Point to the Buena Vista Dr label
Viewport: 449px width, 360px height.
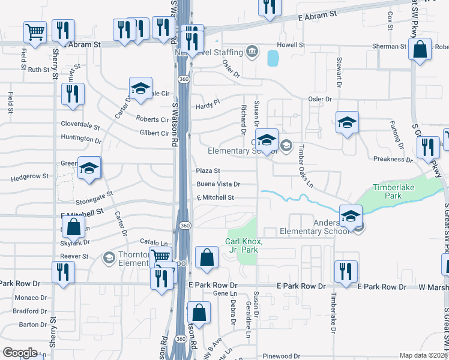(x=218, y=184)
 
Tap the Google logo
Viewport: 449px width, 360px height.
(x=19, y=353)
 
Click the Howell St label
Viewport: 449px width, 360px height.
(x=291, y=45)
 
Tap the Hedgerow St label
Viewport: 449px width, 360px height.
(x=29, y=177)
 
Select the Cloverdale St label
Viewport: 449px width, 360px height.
(x=80, y=125)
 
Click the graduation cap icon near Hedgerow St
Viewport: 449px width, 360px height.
(x=89, y=168)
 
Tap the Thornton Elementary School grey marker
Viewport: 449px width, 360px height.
(x=109, y=258)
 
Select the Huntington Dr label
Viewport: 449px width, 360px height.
(x=81, y=139)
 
